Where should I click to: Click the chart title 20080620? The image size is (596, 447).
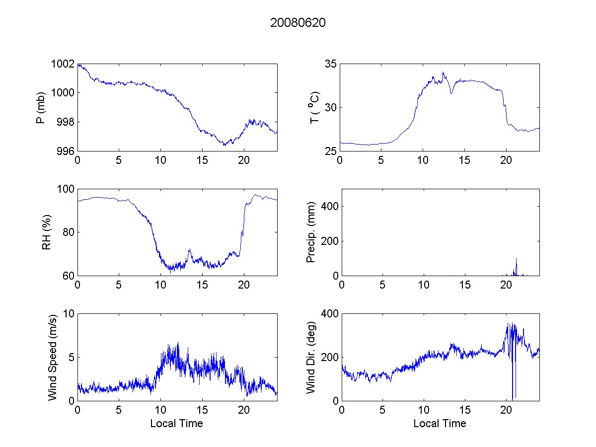tap(298, 23)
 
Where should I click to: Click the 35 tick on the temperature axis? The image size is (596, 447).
tap(331, 64)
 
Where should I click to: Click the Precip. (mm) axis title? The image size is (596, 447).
tap(311, 232)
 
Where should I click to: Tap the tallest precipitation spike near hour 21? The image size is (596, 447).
tap(517, 259)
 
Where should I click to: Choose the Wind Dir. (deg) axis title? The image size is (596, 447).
tap(311, 357)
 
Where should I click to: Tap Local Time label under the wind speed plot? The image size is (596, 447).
tap(176, 423)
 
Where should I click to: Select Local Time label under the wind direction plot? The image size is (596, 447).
tap(440, 423)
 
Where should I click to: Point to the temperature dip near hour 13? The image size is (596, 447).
tap(451, 93)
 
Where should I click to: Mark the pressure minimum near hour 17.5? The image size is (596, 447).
tap(224, 145)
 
